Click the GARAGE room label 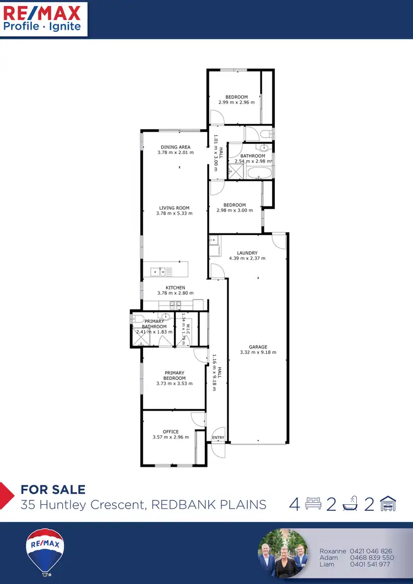258,347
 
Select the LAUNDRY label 247,253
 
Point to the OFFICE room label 171,432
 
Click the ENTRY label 219,438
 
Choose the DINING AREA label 176,147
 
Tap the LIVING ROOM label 174,208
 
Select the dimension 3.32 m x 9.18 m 258,352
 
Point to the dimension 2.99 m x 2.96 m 236,102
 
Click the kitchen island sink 159,271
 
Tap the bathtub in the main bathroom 259,173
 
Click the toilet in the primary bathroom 138,319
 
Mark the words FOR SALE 53,489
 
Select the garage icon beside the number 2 389,504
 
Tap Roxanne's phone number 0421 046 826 371,550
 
